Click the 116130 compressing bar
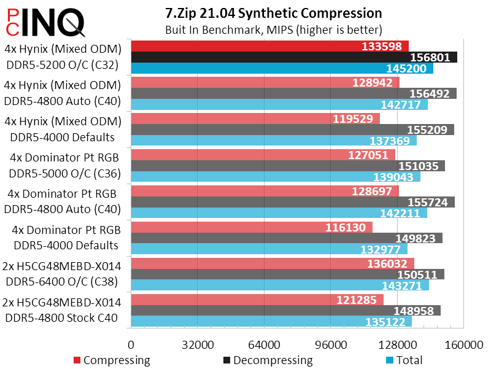coord(252,227)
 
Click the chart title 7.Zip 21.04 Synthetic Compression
coord(273,13)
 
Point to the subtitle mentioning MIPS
coord(274,29)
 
